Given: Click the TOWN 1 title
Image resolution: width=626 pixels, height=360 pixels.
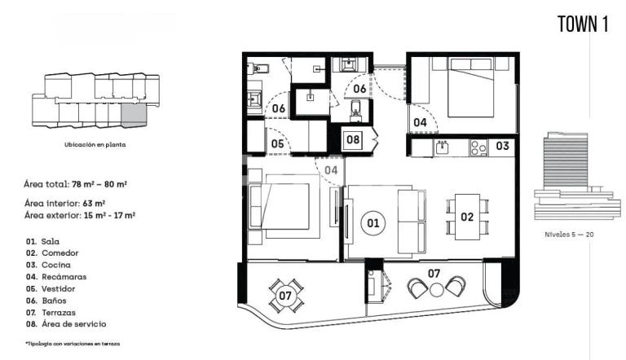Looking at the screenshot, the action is tap(583, 24).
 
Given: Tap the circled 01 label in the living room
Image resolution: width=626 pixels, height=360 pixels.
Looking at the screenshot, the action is tap(373, 222).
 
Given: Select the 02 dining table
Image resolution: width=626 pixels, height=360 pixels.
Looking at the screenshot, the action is tap(467, 217).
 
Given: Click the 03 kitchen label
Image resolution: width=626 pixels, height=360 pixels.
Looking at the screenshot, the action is tap(502, 146).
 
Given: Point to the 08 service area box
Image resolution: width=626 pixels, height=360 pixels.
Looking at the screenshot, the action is tap(353, 139).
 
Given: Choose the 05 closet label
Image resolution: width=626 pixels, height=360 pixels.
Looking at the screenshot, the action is tap(277, 143).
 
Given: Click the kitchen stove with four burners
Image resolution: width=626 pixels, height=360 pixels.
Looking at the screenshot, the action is tap(478, 147).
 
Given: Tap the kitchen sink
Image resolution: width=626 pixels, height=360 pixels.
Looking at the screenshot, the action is tap(442, 147).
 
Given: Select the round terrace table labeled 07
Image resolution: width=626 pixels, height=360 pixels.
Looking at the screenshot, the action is tap(285, 296).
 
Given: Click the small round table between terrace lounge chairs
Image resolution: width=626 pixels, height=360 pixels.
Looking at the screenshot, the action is tap(436, 290).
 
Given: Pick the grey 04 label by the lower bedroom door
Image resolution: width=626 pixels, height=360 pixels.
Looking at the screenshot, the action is tap(331, 170).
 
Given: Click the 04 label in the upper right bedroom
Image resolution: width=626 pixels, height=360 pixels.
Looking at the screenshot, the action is tap(420, 122).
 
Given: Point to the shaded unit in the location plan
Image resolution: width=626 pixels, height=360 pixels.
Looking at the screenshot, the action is tap(134, 116).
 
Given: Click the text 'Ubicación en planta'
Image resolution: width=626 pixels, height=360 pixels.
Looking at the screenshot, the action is tap(95, 144).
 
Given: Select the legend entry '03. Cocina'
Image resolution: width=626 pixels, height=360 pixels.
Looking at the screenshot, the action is tap(48, 265).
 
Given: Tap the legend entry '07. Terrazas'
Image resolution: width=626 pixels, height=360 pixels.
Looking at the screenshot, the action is tap(51, 313).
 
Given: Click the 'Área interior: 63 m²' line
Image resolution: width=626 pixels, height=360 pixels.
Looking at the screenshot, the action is tap(64, 204).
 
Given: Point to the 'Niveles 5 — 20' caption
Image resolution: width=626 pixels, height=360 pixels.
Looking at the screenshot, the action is tap(569, 235).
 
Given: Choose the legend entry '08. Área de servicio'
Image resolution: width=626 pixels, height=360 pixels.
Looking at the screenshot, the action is tap(66, 324).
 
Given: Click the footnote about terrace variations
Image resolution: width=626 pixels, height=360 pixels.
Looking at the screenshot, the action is tap(73, 343).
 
